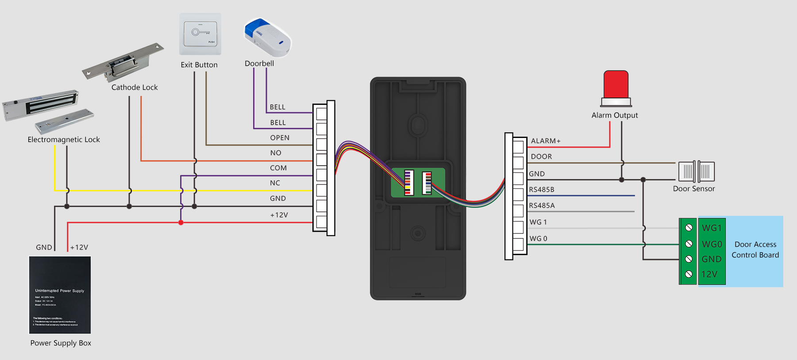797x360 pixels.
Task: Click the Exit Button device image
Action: click(200, 34)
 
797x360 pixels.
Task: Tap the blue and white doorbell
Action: click(268, 38)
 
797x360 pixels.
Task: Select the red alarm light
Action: click(616, 86)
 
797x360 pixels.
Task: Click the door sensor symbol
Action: click(697, 172)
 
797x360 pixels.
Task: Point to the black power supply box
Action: click(60, 295)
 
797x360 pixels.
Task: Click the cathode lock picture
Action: click(123, 63)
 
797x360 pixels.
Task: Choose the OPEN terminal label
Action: click(280, 138)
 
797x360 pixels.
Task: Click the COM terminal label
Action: click(278, 168)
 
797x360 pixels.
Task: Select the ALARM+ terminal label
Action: click(546, 141)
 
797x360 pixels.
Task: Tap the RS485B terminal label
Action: click(542, 190)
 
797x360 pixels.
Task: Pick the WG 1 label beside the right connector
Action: click(538, 222)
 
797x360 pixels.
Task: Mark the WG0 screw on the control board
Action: click(689, 244)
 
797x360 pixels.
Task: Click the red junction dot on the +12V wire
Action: click(181, 222)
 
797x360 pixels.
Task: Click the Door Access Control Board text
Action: click(755, 250)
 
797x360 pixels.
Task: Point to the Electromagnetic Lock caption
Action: click(64, 140)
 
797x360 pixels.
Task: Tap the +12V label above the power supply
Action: click(79, 248)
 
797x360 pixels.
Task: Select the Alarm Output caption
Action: click(615, 115)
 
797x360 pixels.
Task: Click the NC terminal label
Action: click(275, 183)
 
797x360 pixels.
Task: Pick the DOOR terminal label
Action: click(541, 157)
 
